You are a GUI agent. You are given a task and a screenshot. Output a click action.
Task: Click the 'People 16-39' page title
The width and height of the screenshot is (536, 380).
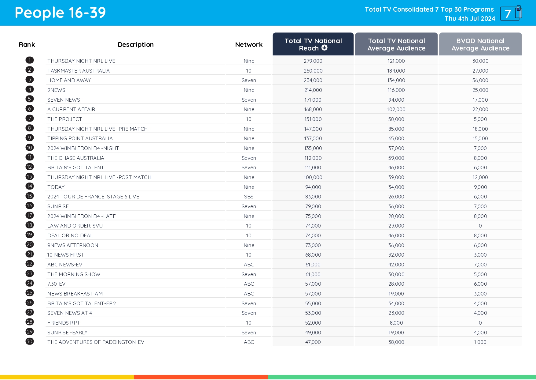60,13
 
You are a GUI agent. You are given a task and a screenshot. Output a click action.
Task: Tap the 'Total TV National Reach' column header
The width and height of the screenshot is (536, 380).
313,44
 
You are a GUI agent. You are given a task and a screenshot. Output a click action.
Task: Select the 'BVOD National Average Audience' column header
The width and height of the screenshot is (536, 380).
480,44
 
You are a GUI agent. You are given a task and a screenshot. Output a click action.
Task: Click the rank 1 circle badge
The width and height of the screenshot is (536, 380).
30,60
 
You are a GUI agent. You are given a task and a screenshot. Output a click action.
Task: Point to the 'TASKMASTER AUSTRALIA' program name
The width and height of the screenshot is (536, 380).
78,71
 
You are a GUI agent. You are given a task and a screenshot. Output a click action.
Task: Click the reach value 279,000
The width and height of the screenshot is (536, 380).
313,61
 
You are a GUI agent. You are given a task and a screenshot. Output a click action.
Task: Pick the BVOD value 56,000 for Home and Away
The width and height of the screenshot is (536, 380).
480,80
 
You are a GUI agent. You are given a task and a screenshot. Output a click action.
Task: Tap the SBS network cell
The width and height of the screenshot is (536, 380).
249,197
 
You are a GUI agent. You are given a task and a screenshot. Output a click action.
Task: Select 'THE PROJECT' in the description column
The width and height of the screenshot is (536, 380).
64,119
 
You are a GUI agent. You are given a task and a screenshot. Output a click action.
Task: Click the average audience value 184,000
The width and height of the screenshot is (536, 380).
396,71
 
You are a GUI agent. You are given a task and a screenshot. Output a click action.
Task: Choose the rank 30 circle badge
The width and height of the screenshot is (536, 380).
30,341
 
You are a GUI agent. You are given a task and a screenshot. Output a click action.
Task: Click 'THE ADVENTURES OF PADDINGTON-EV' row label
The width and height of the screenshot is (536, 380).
96,342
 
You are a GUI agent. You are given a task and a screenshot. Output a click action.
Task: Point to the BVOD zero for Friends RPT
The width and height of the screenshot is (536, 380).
480,323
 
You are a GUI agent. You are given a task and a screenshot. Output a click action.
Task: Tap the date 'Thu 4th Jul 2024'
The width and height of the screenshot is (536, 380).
470,19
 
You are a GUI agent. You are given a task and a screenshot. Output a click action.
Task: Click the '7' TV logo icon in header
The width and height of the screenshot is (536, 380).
510,13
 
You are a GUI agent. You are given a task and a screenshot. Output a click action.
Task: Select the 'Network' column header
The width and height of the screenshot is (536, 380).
249,45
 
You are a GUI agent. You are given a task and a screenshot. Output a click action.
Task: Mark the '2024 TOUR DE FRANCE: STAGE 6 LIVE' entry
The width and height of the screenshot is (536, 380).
93,197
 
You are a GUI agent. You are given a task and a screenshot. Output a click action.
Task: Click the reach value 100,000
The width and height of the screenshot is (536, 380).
313,177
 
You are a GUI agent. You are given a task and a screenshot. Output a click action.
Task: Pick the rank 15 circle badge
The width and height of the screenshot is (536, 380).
30,196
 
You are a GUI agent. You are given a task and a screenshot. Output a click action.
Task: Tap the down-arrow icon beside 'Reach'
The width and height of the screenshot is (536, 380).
325,48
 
